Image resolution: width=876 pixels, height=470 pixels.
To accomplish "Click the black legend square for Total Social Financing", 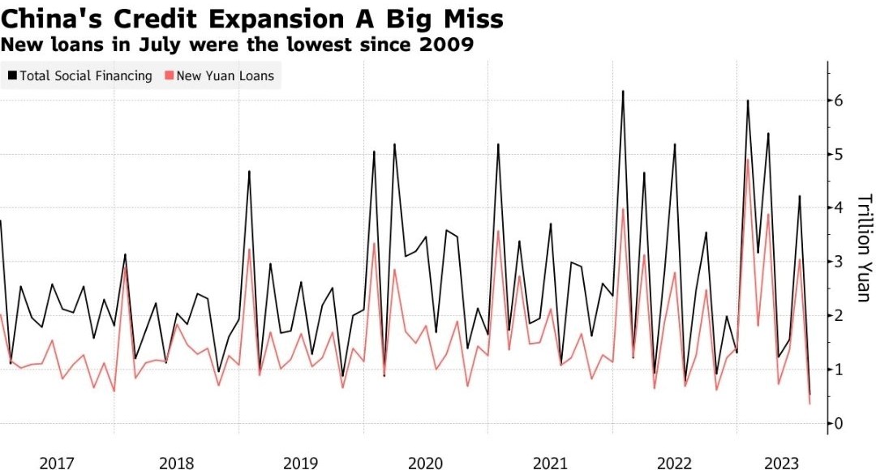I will click(x=12, y=75).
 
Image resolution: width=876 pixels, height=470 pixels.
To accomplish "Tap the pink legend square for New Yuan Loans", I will click(x=169, y=75).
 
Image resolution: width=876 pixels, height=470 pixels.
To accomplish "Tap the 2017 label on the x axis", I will click(x=57, y=463).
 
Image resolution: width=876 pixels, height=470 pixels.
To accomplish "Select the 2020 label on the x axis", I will click(x=426, y=463).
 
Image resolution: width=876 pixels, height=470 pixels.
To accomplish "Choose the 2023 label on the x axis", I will click(x=784, y=463).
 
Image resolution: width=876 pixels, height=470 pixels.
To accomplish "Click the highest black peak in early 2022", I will click(x=623, y=91).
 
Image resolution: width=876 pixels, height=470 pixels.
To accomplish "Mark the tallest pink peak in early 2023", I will click(x=747, y=159).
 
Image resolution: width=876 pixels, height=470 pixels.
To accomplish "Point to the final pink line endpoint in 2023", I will click(x=809, y=404).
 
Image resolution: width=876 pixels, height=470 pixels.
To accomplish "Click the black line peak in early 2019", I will click(x=249, y=171).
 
